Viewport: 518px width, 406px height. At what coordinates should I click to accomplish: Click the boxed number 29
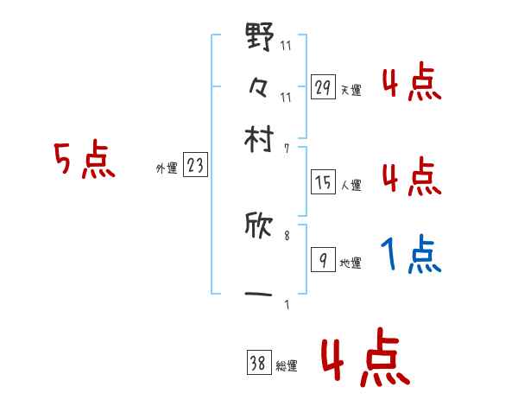pyautogui.click(x=322, y=86)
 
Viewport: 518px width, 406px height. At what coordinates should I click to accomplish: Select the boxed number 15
pyautogui.click(x=322, y=182)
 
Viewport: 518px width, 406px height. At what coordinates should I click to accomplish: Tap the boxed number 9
pyautogui.click(x=322, y=260)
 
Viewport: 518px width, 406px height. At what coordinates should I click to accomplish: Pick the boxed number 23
pyautogui.click(x=195, y=166)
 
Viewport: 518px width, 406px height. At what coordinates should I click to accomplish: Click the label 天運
pyautogui.click(x=351, y=90)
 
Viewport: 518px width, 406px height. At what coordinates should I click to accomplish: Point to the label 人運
pyautogui.click(x=351, y=185)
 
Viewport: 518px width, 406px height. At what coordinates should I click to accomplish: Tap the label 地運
pyautogui.click(x=351, y=263)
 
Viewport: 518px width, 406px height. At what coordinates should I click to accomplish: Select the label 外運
pyautogui.click(x=167, y=169)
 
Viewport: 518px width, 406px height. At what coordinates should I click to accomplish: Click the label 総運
pyautogui.click(x=286, y=366)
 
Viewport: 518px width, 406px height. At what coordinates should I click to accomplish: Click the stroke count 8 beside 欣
pyautogui.click(x=287, y=232)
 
